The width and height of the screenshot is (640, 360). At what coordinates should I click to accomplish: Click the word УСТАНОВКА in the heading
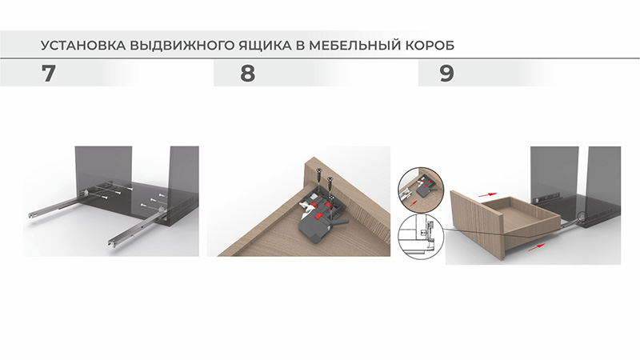click(83, 45)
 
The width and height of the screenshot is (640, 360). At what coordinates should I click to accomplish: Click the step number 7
click(48, 74)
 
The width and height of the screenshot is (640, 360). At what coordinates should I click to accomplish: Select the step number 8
click(248, 74)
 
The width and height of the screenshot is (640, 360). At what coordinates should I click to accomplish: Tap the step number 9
click(446, 74)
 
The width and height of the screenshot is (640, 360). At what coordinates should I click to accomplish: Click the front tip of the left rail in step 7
click(30, 214)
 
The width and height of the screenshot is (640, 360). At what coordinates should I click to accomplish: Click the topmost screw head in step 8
click(317, 169)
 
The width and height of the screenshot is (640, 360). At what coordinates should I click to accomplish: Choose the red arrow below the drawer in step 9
click(536, 246)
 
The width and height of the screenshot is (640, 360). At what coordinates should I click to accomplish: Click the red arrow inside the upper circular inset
click(415, 201)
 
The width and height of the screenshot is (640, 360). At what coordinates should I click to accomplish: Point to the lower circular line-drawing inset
click(421, 237)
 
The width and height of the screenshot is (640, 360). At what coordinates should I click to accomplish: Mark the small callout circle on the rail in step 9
click(582, 218)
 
